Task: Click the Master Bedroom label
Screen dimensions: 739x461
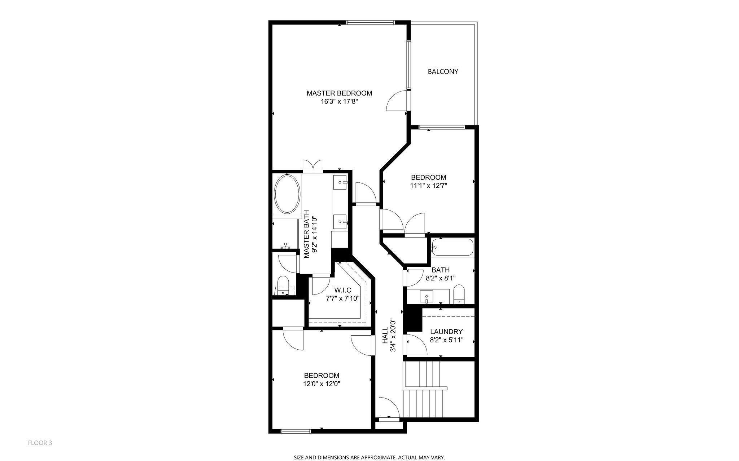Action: [x=339, y=93]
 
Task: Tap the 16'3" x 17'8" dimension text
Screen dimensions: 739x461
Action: [x=339, y=102]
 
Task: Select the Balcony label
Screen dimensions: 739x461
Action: [x=443, y=71]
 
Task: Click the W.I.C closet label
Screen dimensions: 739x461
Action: [x=342, y=290]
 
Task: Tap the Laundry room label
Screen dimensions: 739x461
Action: [x=446, y=332]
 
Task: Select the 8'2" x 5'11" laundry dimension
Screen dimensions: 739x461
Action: [x=446, y=340]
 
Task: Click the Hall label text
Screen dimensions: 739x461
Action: [x=385, y=335]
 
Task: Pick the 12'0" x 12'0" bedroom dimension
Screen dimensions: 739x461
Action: [x=322, y=384]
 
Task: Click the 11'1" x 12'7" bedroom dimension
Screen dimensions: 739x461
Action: [x=429, y=186]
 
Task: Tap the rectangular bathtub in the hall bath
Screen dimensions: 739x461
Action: [x=452, y=248]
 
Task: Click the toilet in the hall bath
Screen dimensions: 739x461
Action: [x=459, y=294]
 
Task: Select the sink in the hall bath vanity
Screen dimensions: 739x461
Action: [x=427, y=297]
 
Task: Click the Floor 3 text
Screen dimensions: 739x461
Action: [x=40, y=443]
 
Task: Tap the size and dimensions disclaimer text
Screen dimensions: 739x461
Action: [x=369, y=457]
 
